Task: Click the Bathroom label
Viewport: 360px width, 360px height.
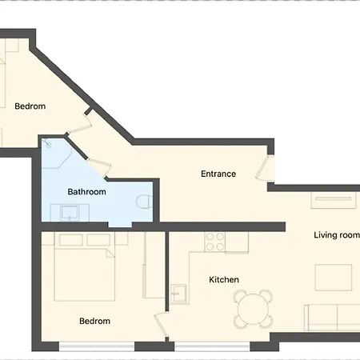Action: (86, 192)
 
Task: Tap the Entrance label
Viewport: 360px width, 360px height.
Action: (218, 174)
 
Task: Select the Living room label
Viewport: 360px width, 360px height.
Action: (336, 234)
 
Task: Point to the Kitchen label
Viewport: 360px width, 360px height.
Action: (224, 279)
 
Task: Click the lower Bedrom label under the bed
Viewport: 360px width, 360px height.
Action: (94, 321)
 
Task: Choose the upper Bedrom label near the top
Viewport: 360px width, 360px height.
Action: (30, 106)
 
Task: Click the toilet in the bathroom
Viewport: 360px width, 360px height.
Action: (144, 202)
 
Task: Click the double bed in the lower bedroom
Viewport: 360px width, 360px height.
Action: (84, 268)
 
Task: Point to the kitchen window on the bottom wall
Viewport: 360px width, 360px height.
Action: (212, 346)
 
